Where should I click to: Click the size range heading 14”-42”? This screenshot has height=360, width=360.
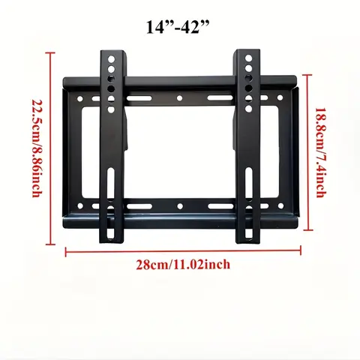tap(179, 28)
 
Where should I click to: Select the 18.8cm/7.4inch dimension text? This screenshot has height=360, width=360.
tap(319, 151)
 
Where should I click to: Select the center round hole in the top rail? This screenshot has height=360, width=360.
tap(180, 98)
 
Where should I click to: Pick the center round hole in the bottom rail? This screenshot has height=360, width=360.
tap(180, 204)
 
